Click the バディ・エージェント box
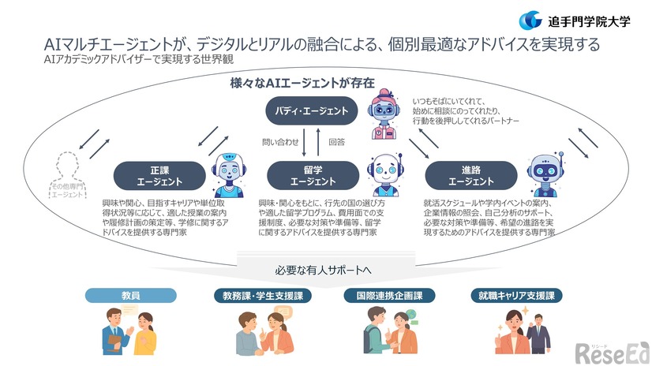coord(312,111)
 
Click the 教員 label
coord(130,296)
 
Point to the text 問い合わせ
coord(280,143)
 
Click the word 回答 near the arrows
coord(337,143)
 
